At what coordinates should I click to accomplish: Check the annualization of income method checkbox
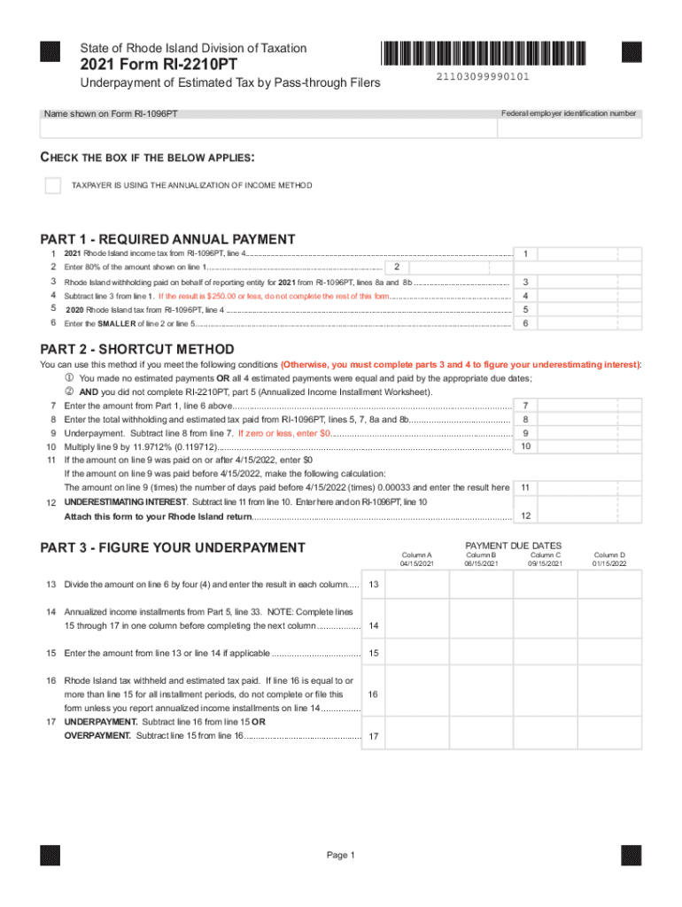[x=53, y=185]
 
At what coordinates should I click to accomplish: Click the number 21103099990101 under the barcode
[x=483, y=77]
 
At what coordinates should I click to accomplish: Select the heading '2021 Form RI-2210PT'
[x=159, y=65]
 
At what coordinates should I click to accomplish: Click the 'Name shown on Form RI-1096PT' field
[x=266, y=129]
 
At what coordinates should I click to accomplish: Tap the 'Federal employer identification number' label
[x=568, y=113]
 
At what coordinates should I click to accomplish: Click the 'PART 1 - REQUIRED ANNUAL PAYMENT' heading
[x=168, y=239]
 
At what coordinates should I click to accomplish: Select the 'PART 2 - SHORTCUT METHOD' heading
[x=137, y=349]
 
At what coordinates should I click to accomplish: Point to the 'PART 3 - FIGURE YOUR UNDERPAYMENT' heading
[x=173, y=547]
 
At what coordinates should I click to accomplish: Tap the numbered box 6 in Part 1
[x=526, y=323]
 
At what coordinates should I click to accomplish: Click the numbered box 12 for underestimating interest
[x=526, y=516]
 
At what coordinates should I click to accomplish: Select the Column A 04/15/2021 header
[x=416, y=559]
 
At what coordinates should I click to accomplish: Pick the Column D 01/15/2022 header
[x=609, y=559]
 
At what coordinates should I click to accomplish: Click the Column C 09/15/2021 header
[x=546, y=559]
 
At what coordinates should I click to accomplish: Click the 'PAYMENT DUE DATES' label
[x=513, y=546]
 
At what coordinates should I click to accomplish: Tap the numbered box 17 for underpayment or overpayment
[x=374, y=736]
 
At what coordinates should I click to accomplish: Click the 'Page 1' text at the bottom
[x=341, y=855]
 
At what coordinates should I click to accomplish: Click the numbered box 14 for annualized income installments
[x=374, y=625]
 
